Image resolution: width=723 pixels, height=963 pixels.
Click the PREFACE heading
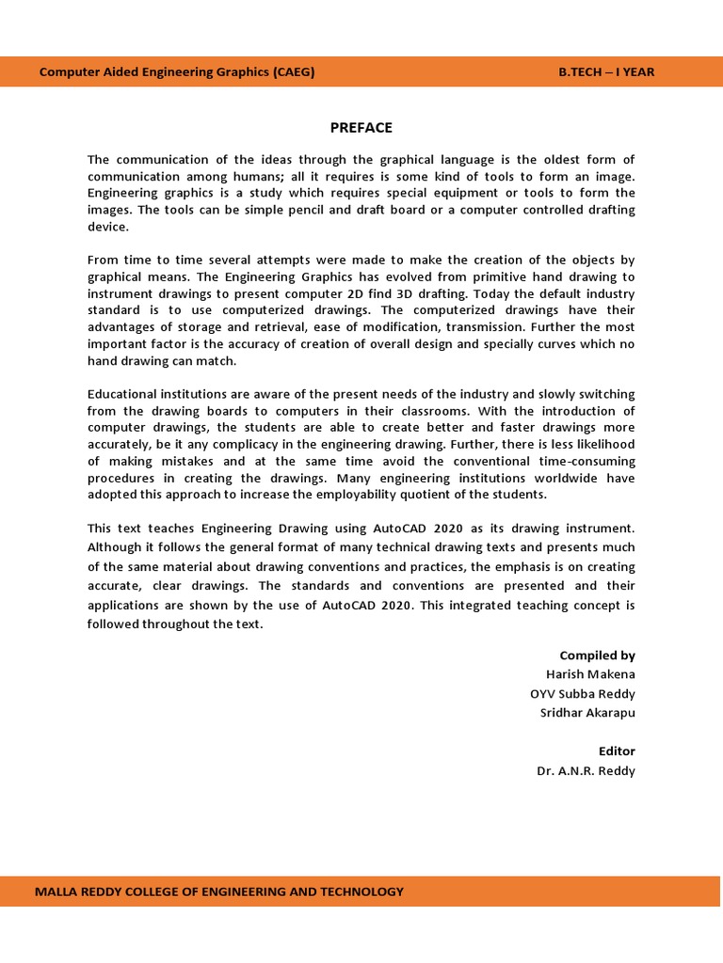(x=361, y=128)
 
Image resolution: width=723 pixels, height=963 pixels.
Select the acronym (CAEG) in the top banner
(x=294, y=72)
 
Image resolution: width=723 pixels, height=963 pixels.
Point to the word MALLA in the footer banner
(x=56, y=892)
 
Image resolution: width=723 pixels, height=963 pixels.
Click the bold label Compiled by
(x=597, y=655)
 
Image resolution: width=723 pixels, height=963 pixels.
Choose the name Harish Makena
(x=590, y=674)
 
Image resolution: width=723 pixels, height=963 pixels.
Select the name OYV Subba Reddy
(x=583, y=694)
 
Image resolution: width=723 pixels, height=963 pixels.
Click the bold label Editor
(x=617, y=751)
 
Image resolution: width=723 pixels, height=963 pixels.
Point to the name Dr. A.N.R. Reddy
(x=586, y=771)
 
